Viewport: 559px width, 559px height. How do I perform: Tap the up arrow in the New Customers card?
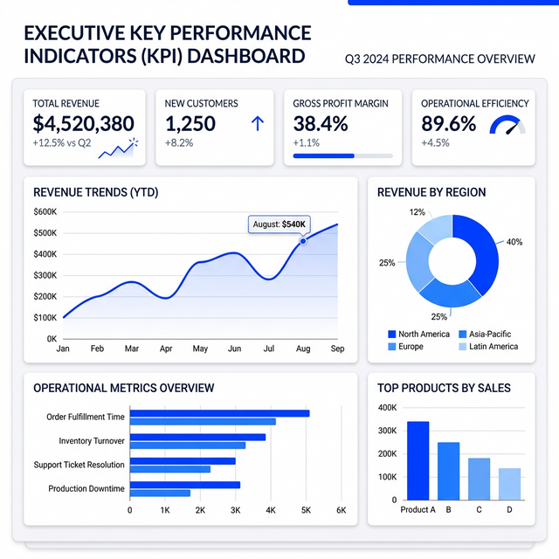pyautogui.click(x=257, y=125)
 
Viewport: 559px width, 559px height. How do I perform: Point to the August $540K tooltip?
pyautogui.click(x=279, y=224)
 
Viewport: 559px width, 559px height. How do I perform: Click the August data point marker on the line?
pyautogui.click(x=303, y=238)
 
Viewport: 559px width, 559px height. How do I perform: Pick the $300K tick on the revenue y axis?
pyautogui.click(x=45, y=275)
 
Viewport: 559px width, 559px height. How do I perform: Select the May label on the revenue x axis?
pyautogui.click(x=200, y=349)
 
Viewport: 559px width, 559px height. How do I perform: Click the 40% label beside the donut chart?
pyautogui.click(x=514, y=242)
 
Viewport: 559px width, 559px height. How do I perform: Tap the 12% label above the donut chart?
pyautogui.click(x=418, y=212)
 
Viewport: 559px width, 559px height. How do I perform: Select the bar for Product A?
pyautogui.click(x=418, y=460)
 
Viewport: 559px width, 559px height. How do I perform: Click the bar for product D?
pyautogui.click(x=509, y=483)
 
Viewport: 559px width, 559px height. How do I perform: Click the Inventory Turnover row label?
pyautogui.click(x=91, y=441)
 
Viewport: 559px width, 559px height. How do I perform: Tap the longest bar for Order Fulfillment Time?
pyautogui.click(x=219, y=413)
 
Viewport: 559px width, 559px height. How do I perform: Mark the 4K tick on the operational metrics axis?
pyautogui.click(x=271, y=510)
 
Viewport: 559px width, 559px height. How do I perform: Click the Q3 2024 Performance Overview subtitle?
pyautogui.click(x=441, y=59)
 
